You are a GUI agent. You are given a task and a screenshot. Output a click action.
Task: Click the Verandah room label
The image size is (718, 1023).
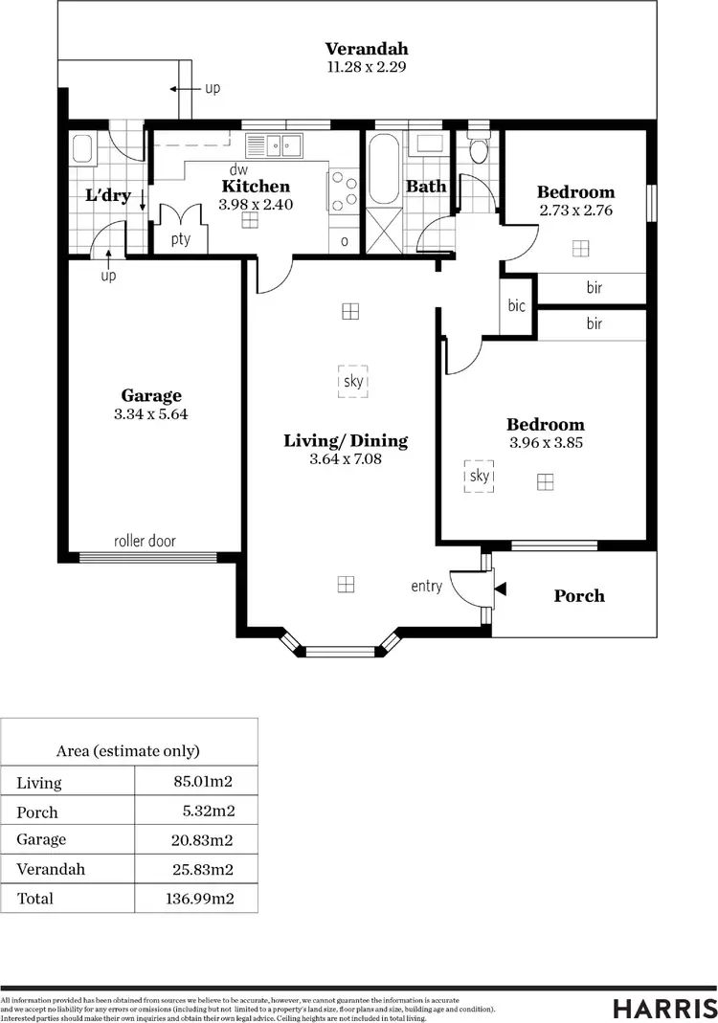366,49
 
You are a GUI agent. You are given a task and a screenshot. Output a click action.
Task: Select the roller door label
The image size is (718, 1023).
145,541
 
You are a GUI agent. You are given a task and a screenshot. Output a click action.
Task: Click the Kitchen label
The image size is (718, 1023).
256,187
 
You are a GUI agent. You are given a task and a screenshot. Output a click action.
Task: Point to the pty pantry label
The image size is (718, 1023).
181,239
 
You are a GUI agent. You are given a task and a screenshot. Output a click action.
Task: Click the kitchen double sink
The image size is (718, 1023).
277,145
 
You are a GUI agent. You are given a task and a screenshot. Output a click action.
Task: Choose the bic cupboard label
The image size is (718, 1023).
517,306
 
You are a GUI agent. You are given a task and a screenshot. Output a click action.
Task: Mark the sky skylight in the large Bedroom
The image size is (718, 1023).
480,476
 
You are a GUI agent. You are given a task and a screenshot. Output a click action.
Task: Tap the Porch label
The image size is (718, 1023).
579,596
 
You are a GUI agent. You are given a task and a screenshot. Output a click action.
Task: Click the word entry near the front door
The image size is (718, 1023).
427,586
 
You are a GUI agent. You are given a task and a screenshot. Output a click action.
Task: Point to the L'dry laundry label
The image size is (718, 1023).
107,195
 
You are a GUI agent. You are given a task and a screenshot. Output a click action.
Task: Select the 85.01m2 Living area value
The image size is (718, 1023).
203,782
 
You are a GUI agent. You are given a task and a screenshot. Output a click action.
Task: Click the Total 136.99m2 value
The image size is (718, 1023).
199,899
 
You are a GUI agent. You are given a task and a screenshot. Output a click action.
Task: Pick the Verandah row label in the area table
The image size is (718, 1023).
51,869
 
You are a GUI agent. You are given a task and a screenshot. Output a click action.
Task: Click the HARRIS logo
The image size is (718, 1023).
664,1008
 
